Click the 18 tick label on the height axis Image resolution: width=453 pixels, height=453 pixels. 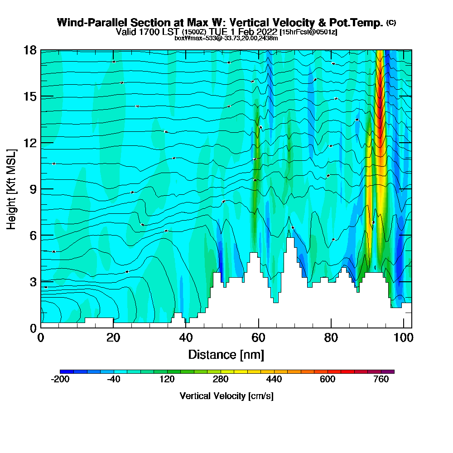pos(30,50)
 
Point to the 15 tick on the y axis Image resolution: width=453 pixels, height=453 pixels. pos(30,96)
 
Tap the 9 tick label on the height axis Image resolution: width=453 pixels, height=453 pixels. pos(33,189)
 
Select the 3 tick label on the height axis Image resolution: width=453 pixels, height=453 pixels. pos(33,281)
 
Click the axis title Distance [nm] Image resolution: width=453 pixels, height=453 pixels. pos(226,354)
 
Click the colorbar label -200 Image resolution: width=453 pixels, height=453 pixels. pos(60,380)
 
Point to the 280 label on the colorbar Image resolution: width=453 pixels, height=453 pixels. pos(221,380)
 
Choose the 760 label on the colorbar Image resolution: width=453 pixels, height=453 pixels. pos(381,380)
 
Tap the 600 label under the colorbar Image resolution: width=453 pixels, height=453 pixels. pos(328,380)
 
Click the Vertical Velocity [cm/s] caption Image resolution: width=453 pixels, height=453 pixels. pos(226,396)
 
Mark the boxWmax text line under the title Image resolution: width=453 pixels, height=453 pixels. pos(226,38)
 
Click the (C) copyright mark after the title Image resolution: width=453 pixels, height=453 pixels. pos(391,22)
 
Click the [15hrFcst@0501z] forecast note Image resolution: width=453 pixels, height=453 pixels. pos(308,32)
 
